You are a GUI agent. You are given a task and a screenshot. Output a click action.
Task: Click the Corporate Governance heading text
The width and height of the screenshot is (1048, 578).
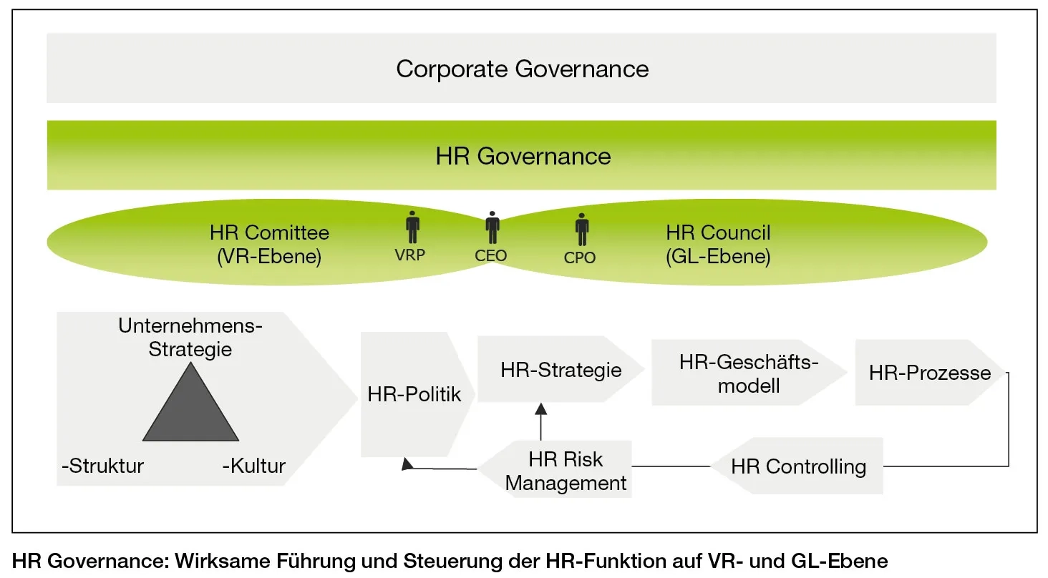522,69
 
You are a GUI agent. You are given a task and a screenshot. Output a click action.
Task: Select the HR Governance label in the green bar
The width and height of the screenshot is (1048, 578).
523,156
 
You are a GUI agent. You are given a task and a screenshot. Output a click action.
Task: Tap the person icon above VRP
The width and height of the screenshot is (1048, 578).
412,227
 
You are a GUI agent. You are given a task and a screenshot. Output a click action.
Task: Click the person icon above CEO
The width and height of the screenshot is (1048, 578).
492,227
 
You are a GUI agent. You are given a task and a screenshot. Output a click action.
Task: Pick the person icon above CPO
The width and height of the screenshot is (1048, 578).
582,230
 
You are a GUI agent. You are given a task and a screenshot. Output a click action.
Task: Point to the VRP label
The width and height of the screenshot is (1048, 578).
410,254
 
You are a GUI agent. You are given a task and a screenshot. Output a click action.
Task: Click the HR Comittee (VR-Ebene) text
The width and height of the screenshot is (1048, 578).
269,244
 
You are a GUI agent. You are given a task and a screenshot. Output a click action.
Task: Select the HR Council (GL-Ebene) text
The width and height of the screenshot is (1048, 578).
718,244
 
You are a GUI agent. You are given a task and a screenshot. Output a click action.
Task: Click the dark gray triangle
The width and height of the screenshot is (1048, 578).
190,408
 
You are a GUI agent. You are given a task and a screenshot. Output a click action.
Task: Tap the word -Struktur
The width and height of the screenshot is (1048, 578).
103,466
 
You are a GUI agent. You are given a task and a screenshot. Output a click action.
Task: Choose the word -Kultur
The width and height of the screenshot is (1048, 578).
254,466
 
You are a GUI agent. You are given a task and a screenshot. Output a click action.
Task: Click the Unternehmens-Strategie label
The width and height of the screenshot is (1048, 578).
190,338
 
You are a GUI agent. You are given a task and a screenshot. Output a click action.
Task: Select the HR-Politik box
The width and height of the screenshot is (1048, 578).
414,394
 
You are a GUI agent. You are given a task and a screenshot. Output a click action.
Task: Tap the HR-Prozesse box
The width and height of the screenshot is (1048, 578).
929,373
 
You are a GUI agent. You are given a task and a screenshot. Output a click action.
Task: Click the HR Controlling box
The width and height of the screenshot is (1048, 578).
798,466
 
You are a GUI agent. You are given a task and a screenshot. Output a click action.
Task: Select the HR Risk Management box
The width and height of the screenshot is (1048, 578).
566,471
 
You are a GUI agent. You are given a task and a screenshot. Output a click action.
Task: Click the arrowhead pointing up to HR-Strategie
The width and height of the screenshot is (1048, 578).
540,408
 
